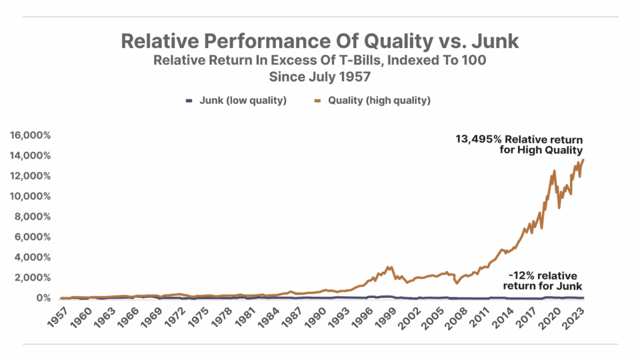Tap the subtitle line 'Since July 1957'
tap(320, 77)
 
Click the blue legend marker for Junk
tap(189, 100)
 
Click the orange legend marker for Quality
tap(318, 100)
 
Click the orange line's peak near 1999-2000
tap(391, 267)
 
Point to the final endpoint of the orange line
tap(584, 159)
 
